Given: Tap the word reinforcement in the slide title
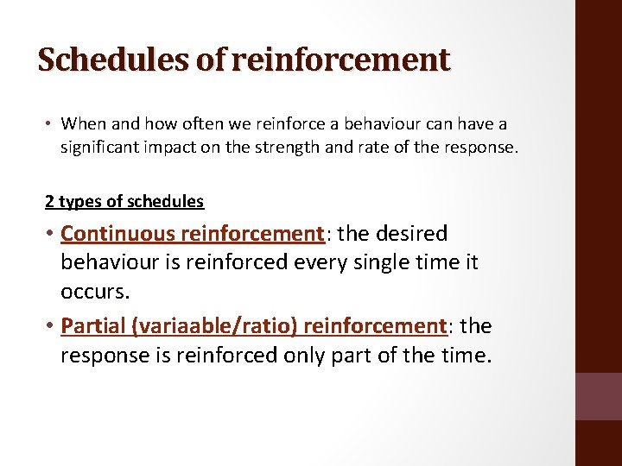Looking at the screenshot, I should tap(341, 60).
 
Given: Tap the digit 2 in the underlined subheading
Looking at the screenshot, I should tap(49, 202).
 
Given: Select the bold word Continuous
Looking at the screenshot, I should tap(118, 234).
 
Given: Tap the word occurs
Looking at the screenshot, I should tap(95, 292).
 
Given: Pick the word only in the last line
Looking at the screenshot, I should tap(315, 355).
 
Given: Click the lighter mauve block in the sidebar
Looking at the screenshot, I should tap(598, 396).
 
